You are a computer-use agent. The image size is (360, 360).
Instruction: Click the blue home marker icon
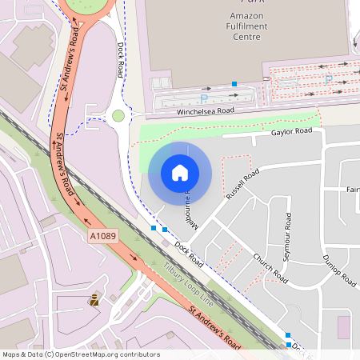tap(180, 172)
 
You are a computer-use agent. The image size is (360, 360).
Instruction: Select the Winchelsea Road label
tap(206, 112)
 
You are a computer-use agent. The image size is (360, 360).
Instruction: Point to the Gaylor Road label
tap(291, 131)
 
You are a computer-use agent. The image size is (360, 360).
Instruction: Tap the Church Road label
tap(270, 268)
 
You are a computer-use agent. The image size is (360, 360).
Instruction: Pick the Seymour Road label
tap(286, 238)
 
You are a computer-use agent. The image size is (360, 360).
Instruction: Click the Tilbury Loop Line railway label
tap(189, 282)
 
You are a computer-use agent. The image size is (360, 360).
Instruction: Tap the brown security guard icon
tap(95, 300)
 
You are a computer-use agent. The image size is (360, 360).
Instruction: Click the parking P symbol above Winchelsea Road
tap(203, 98)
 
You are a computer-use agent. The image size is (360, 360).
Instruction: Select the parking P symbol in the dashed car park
tap(328, 78)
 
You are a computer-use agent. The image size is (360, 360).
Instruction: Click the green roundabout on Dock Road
tap(118, 116)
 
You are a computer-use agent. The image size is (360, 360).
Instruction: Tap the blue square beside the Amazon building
tap(234, 83)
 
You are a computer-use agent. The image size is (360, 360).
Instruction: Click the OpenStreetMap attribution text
tap(81, 354)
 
